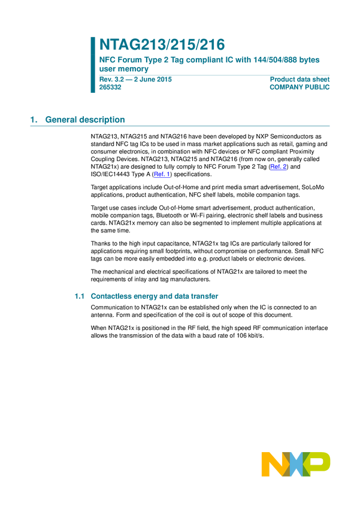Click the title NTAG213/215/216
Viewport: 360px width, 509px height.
[x=162, y=45]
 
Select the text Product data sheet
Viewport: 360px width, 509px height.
[x=300, y=78]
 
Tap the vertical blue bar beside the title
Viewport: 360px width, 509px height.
[x=93, y=65]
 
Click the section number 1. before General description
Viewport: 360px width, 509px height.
[x=34, y=120]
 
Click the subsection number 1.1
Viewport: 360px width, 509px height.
[x=78, y=296]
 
